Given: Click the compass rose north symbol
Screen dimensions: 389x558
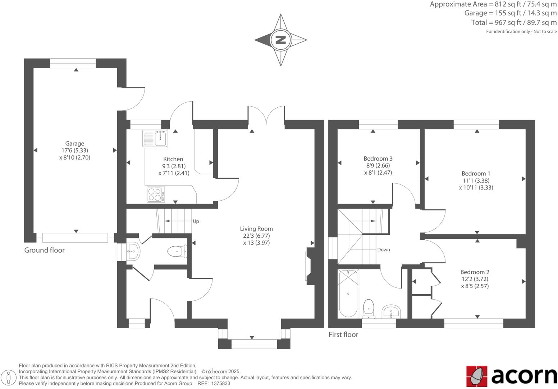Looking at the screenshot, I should click(x=280, y=40).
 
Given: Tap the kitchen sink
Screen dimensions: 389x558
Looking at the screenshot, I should click(x=155, y=139).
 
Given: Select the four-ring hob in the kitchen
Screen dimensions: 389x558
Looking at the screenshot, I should click(x=156, y=194).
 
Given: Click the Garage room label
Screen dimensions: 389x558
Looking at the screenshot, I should click(x=74, y=143).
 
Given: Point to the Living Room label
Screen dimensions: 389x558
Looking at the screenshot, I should click(x=256, y=229).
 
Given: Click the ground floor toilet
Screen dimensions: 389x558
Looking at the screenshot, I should click(x=177, y=251).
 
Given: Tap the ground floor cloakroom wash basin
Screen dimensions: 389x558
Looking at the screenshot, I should click(x=133, y=251).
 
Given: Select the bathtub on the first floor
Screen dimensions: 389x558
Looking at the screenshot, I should click(x=348, y=294).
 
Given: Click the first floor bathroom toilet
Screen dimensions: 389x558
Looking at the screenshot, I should click(x=369, y=308).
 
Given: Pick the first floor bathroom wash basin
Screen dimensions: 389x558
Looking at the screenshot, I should click(x=391, y=312).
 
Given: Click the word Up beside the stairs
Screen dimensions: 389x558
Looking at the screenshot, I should click(x=196, y=221).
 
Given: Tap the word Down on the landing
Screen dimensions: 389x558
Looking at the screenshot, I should click(x=383, y=250).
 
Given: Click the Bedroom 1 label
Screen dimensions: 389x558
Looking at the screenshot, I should click(x=476, y=174).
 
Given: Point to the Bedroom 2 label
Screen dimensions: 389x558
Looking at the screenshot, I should click(x=475, y=272).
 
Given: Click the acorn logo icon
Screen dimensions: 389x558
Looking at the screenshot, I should click(x=476, y=376).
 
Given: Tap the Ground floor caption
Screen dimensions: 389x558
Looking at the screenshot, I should click(x=44, y=250).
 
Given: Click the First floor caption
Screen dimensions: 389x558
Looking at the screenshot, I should click(x=343, y=335).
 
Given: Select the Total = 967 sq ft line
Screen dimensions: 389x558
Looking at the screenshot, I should click(x=514, y=23).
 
